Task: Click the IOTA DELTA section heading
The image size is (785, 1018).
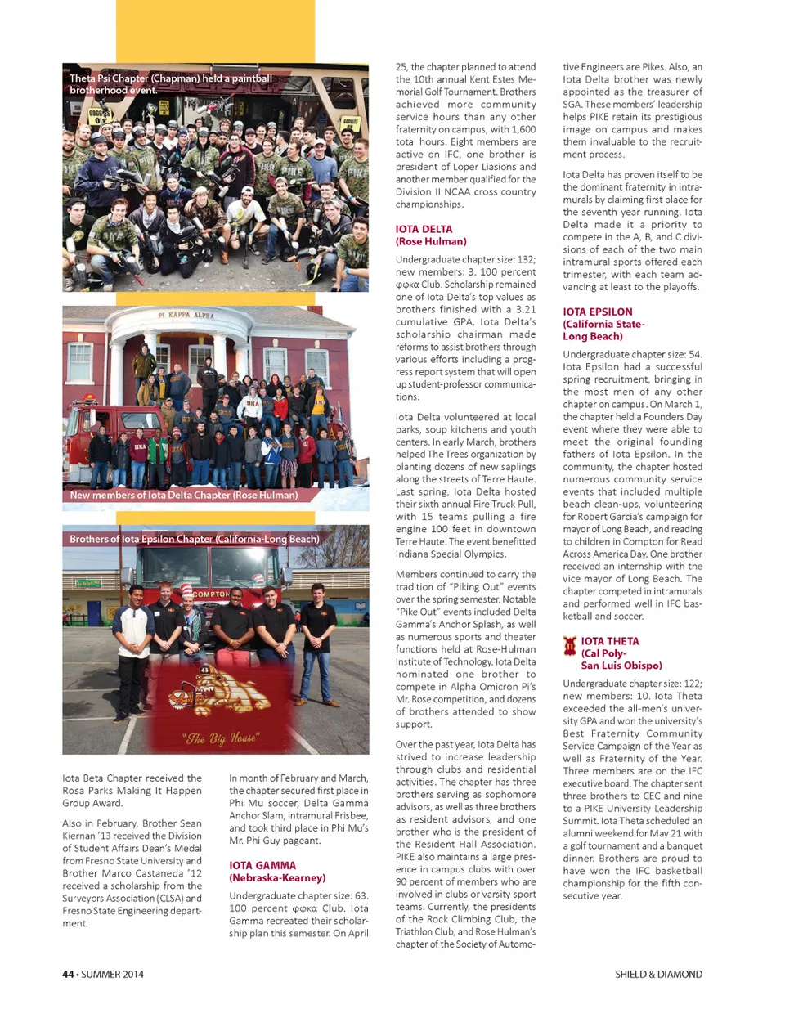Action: pyautogui.click(x=424, y=229)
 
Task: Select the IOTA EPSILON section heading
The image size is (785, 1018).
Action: pyautogui.click(x=597, y=312)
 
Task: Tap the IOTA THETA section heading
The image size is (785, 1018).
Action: pyautogui.click(x=610, y=641)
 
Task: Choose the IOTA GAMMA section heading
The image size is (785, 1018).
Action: pyautogui.click(x=262, y=865)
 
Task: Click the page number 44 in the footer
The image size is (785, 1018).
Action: pyautogui.click(x=68, y=974)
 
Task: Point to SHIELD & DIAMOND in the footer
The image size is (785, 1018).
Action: pyautogui.click(x=658, y=974)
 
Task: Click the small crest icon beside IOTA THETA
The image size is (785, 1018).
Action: pyautogui.click(x=570, y=647)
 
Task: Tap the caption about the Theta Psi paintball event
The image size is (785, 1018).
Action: pyautogui.click(x=170, y=84)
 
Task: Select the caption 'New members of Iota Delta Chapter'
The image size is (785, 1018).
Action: pyautogui.click(x=183, y=495)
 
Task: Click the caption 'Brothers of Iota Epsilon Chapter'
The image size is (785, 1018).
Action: pyautogui.click(x=194, y=539)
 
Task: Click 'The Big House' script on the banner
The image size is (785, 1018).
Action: pyautogui.click(x=221, y=738)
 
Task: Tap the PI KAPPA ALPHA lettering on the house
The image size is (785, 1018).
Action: pyautogui.click(x=186, y=315)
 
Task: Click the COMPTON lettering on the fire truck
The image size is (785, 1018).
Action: pyautogui.click(x=211, y=594)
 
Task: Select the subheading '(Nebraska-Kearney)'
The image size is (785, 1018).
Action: pyautogui.click(x=277, y=877)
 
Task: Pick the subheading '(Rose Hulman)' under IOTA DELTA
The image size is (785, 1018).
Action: pyautogui.click(x=431, y=241)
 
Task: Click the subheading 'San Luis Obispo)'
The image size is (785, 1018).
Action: pyautogui.click(x=621, y=666)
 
